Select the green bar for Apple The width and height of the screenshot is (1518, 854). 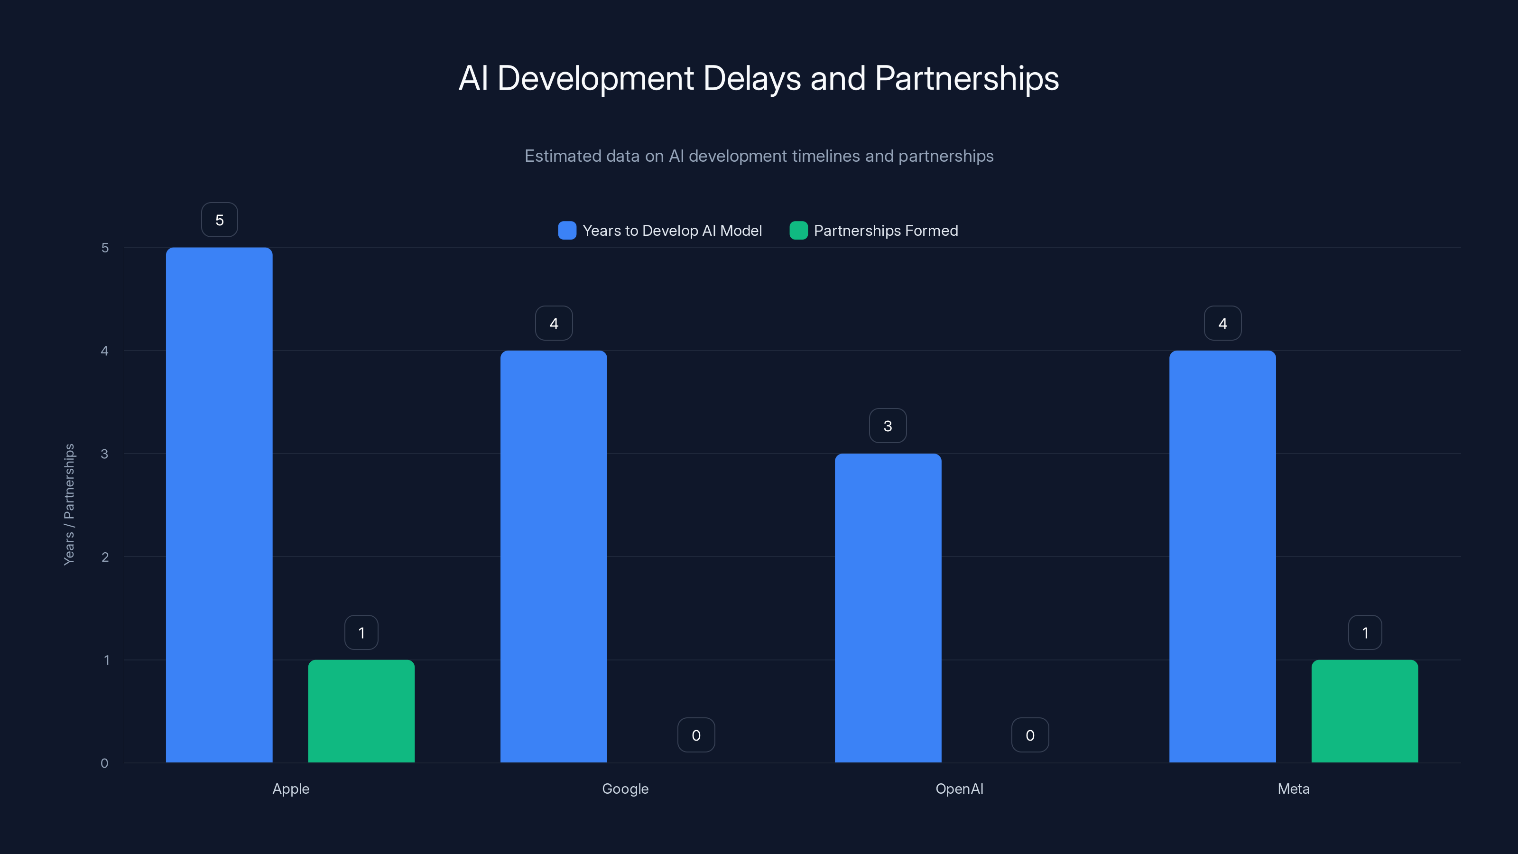coord(361,711)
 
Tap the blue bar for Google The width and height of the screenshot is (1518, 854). coord(553,557)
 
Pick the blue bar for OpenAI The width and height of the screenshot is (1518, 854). coord(888,608)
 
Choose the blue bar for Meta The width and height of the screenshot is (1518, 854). coord(1222,557)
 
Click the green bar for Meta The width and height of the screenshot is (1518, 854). coord(1364,711)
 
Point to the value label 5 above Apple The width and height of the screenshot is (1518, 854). coord(219,220)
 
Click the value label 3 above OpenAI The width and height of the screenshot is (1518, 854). coord(888,426)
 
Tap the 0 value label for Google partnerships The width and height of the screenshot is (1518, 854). coord(696,735)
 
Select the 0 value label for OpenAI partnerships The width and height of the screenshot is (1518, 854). coord(1030,735)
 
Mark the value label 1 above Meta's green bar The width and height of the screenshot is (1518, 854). coord(1365,632)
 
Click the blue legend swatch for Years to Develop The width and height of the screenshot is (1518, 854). coord(567,231)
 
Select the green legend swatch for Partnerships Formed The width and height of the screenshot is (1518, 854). coord(798,231)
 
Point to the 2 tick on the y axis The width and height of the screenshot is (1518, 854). coord(105,557)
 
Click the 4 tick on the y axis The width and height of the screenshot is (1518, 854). coord(105,351)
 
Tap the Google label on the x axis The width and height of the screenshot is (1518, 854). coord(625,789)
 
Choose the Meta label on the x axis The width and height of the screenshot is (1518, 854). coord(1294,789)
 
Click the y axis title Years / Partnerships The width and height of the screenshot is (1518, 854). coord(69,504)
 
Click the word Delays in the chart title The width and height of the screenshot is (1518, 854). coord(752,78)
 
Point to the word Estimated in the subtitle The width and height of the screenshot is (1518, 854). coord(564,156)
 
